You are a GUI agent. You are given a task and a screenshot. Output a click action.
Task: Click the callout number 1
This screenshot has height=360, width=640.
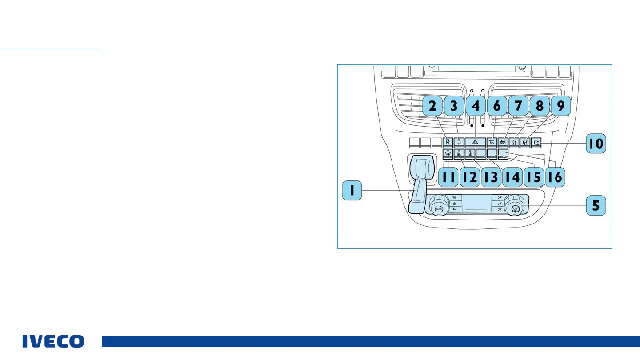tap(352, 191)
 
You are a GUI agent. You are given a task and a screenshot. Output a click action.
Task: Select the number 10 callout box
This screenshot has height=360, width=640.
tap(596, 144)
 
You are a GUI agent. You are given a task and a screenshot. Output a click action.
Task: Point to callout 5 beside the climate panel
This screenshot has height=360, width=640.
tap(596, 205)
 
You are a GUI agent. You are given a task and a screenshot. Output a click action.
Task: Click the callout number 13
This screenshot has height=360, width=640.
tap(491, 177)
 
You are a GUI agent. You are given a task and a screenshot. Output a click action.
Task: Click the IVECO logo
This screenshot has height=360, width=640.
tap(53, 341)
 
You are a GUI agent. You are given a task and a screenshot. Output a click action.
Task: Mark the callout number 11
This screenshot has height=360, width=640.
tap(448, 177)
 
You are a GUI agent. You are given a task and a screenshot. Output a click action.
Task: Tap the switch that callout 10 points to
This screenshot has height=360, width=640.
tap(536, 143)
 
